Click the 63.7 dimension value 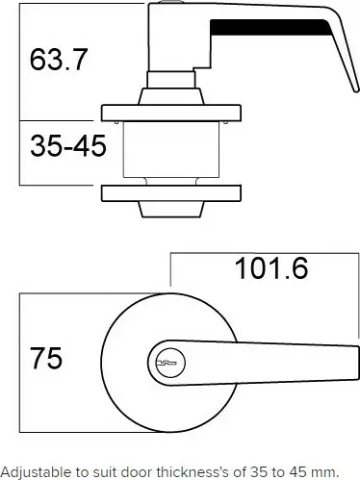click(59, 60)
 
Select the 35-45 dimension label click(68, 146)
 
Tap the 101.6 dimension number click(271, 268)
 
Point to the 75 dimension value click(46, 358)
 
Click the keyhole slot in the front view click(166, 363)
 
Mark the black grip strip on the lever click(270, 27)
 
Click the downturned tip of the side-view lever click(356, 89)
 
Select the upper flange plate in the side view click(171, 113)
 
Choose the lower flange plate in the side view click(171, 193)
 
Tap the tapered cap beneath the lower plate click(171, 210)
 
